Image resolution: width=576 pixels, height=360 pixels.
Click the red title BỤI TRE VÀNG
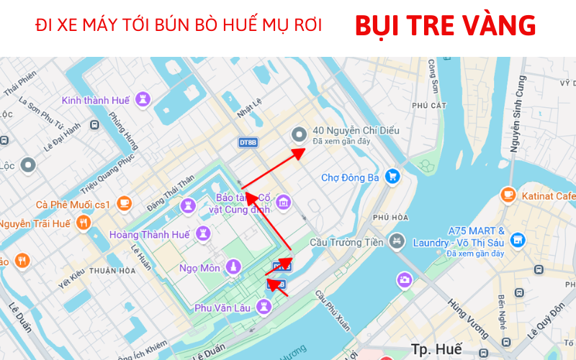click(445, 27)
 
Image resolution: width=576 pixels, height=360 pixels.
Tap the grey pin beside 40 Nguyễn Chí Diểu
click(300, 135)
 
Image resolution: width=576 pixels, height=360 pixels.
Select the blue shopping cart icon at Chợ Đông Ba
click(392, 176)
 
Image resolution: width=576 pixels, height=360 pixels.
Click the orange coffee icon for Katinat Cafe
click(508, 194)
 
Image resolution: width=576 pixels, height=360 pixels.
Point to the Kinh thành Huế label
click(96, 100)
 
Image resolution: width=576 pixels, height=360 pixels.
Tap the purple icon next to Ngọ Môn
click(233, 267)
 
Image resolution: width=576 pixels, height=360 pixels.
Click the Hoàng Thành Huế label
click(149, 235)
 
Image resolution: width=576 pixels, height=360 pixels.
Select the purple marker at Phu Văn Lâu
click(265, 307)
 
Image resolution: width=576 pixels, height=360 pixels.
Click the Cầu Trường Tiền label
click(346, 243)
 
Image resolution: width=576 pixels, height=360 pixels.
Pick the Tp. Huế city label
click(436, 349)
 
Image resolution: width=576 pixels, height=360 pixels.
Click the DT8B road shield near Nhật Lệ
click(248, 143)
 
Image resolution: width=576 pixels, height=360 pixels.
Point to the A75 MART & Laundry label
click(476, 237)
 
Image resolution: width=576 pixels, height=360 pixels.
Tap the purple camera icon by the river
click(405, 279)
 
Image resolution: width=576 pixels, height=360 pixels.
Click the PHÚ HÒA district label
click(391, 217)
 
